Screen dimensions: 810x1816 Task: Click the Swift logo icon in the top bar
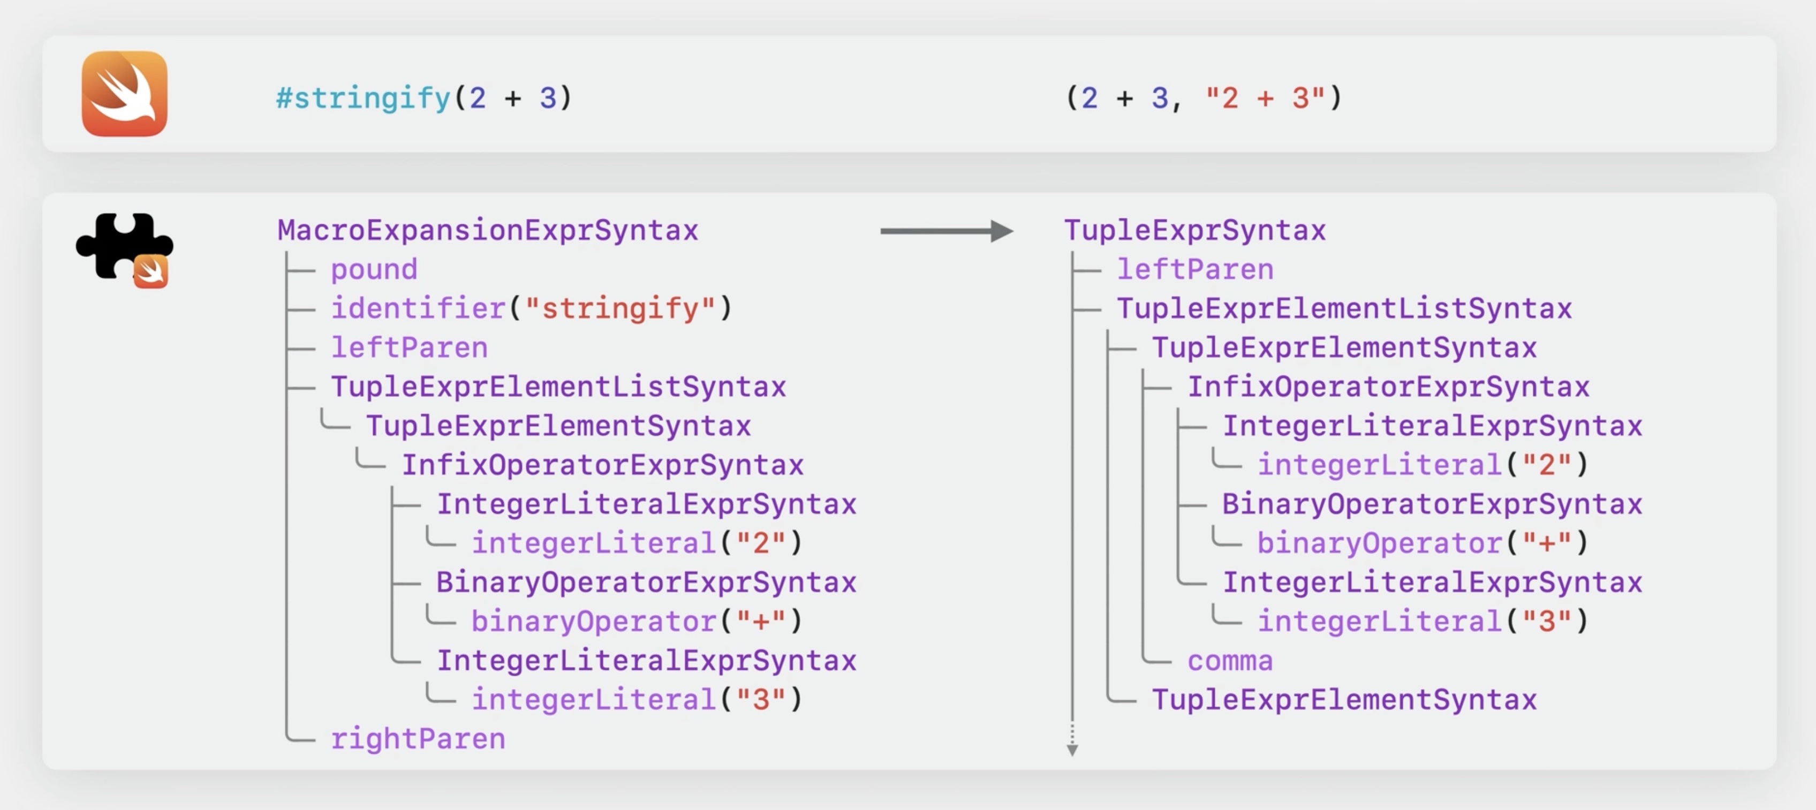point(124,94)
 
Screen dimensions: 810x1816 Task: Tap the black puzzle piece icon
point(120,246)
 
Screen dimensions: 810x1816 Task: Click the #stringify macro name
point(363,98)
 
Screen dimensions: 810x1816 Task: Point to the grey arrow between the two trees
point(946,231)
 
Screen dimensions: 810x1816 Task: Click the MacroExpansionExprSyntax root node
point(487,231)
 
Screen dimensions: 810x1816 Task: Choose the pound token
point(374,269)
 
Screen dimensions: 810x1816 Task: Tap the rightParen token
point(418,739)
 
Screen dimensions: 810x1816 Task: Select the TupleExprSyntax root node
point(1194,231)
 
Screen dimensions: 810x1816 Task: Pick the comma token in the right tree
point(1229,661)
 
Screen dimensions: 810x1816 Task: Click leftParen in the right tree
point(1195,269)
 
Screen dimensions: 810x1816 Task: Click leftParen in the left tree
point(409,347)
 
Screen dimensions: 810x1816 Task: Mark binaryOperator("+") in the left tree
point(636,621)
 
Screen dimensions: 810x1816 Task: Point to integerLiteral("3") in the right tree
point(1422,621)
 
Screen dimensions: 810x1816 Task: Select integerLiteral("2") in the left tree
point(636,543)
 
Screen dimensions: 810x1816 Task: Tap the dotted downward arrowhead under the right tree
point(1072,750)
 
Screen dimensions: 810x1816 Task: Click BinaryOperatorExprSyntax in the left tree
point(646,582)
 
